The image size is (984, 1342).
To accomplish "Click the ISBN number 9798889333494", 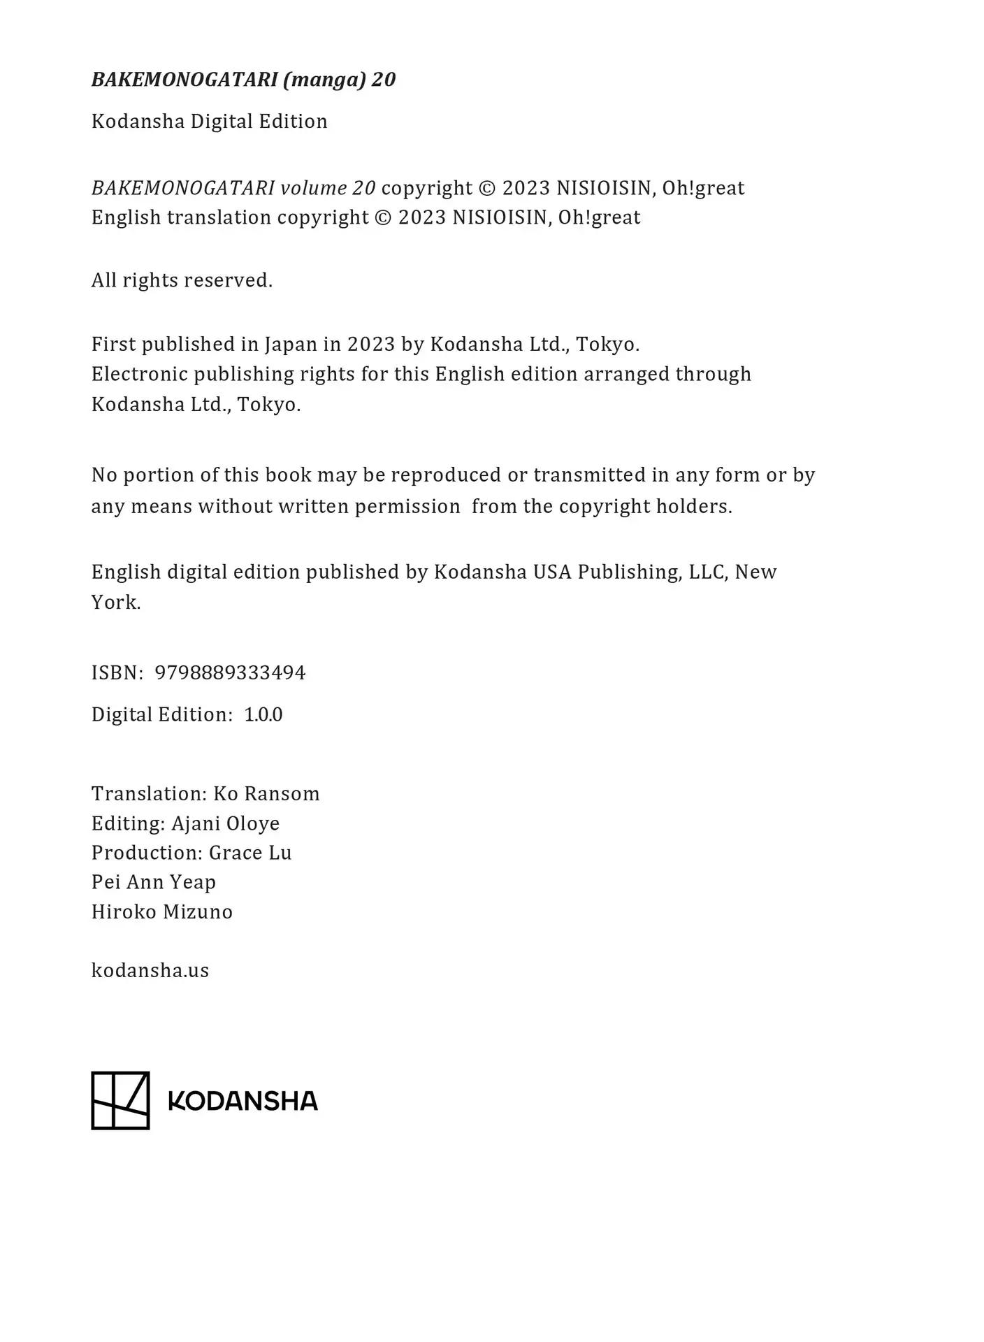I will (230, 672).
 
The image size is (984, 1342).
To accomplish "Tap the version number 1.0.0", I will (263, 714).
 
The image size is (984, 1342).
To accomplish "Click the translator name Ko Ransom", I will (266, 793).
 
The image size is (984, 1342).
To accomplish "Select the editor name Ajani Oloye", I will (225, 823).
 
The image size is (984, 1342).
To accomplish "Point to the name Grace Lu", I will (250, 853).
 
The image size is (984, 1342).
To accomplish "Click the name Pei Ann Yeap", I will (154, 882).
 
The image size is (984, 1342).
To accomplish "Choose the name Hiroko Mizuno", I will (162, 911).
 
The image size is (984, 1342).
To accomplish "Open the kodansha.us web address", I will (150, 970).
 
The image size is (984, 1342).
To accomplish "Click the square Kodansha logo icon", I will (120, 1100).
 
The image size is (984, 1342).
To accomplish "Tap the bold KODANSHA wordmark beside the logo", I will (243, 1101).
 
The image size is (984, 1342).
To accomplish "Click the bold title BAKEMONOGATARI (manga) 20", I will (243, 80).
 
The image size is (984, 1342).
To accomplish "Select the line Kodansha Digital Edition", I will (209, 122).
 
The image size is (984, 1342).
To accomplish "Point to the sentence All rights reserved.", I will (182, 280).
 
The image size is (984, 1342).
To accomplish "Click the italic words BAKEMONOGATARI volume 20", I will (233, 188).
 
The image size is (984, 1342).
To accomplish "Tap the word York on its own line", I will (115, 603).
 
